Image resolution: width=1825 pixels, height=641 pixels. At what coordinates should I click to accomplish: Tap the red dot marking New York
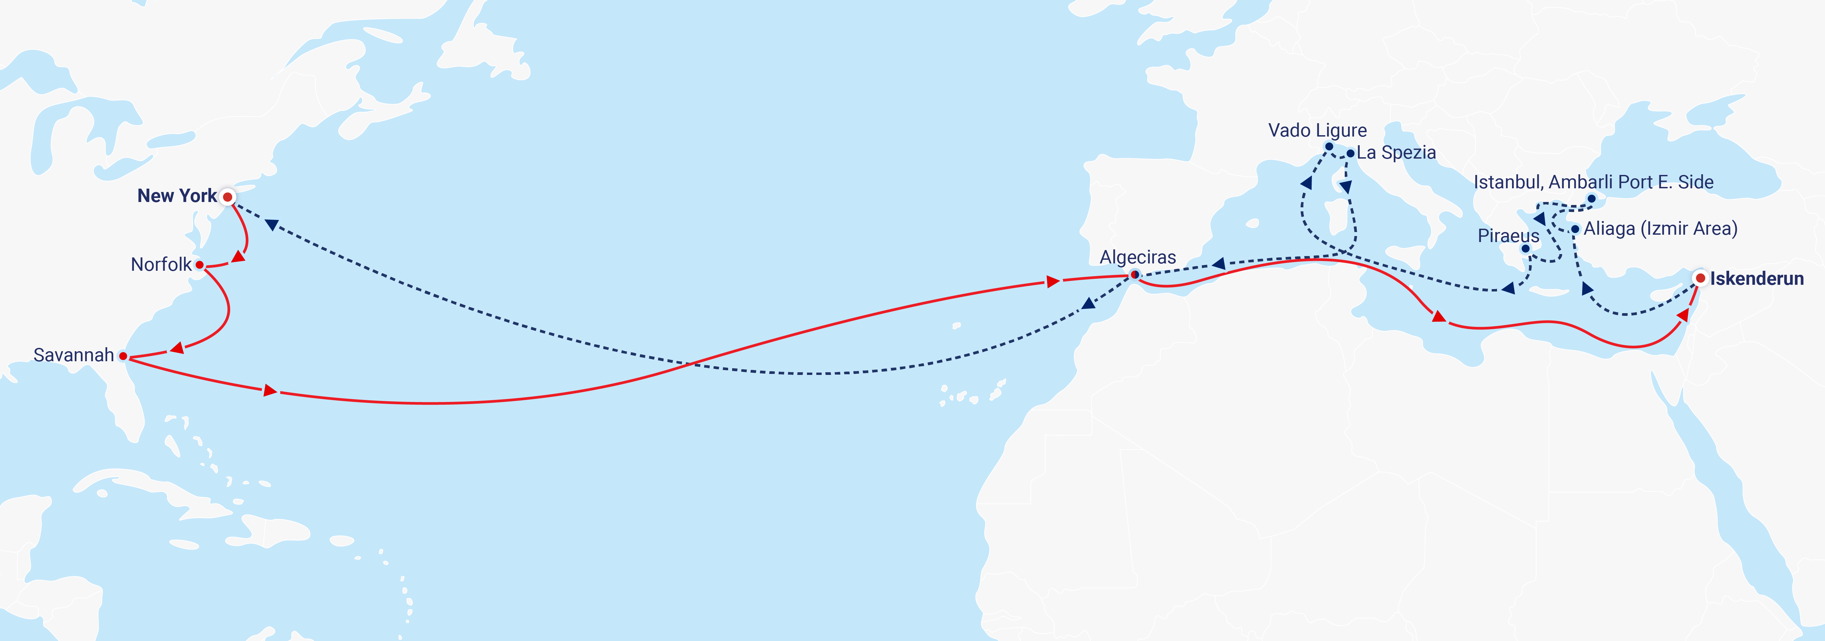click(x=227, y=197)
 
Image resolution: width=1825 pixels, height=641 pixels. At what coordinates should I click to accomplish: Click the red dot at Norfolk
click(x=200, y=265)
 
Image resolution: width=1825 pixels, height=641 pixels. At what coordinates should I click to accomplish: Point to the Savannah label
click(x=74, y=355)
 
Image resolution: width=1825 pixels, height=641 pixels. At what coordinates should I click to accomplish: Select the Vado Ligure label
click(x=1317, y=130)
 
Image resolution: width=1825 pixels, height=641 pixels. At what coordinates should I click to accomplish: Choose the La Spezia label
click(x=1396, y=152)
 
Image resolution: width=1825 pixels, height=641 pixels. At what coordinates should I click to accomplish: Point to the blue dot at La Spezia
click(x=1350, y=153)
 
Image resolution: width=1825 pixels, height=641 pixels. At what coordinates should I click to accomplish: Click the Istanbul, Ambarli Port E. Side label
click(x=1593, y=182)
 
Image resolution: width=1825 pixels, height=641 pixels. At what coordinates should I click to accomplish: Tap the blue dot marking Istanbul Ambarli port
click(x=1591, y=198)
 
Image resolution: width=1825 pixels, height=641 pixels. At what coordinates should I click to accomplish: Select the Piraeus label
click(x=1508, y=236)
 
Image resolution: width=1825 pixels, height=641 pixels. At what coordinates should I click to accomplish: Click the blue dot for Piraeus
click(x=1525, y=249)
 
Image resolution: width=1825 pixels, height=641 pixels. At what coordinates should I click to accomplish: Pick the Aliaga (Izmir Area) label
click(x=1660, y=229)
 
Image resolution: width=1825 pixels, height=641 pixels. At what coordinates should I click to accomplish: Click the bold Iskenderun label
click(x=1756, y=278)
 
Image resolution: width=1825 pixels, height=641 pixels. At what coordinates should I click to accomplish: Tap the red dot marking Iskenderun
click(x=1700, y=278)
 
